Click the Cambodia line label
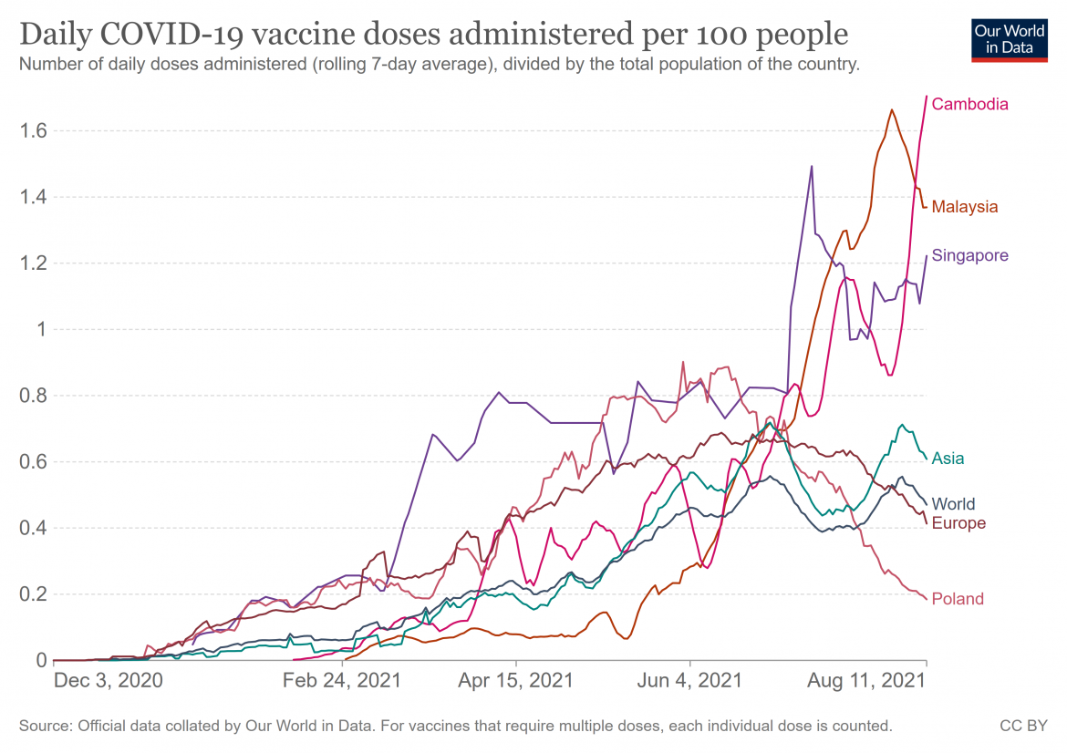pos(969,104)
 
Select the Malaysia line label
pos(964,207)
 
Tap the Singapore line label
pos(969,255)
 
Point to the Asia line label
pos(948,458)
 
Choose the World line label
pos(953,504)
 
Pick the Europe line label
pos(958,523)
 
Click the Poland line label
pos(958,599)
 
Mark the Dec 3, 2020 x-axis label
pos(108,681)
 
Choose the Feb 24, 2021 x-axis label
pos(342,681)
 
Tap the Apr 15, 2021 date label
pos(516,681)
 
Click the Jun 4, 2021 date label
pos(690,681)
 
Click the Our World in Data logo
pos(1004,37)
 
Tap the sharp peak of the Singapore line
pos(812,167)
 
